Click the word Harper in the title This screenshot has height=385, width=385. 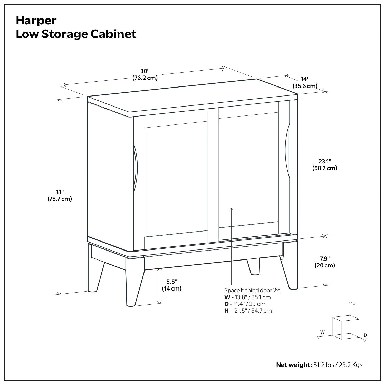(36, 21)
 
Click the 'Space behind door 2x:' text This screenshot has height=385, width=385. (252, 290)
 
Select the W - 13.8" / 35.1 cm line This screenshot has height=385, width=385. (247, 297)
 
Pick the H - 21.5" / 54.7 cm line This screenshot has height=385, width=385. (248, 311)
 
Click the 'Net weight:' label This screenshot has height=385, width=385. (294, 365)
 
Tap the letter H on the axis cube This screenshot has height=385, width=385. (354, 305)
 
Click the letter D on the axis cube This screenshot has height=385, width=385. (365, 335)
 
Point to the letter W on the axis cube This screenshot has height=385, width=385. (322, 332)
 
